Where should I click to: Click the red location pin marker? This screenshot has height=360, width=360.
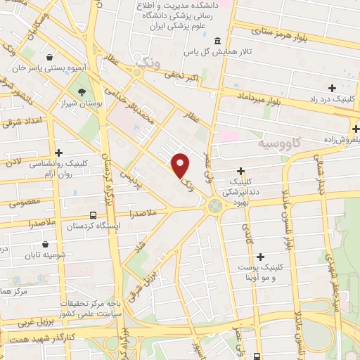tap(181, 166)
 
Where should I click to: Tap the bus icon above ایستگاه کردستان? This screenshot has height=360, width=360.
tap(93, 215)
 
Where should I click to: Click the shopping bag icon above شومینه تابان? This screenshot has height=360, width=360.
tap(45, 245)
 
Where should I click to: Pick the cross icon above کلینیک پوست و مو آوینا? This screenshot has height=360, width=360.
tap(261, 257)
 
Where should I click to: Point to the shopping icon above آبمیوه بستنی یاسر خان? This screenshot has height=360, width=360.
tap(49, 58)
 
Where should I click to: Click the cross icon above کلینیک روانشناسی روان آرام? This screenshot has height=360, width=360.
tap(58, 152)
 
